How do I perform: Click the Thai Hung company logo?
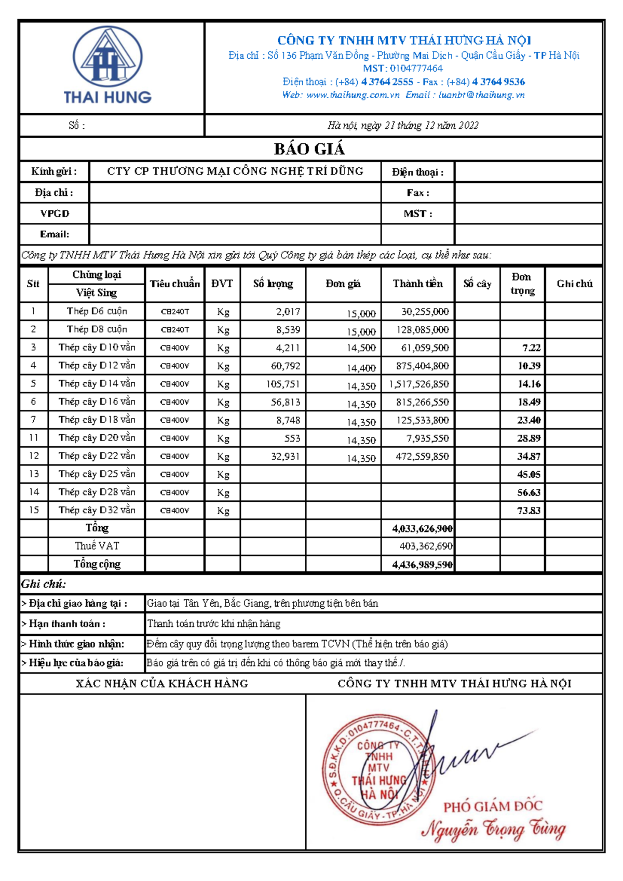click(x=107, y=65)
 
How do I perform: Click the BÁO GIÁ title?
click(x=309, y=149)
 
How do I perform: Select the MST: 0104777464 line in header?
click(x=403, y=69)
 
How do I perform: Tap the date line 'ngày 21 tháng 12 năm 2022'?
click(x=403, y=125)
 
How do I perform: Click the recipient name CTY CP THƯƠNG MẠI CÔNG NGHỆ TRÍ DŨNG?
click(x=235, y=171)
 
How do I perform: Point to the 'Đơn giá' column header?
click(x=343, y=284)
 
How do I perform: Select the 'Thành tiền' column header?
click(x=417, y=284)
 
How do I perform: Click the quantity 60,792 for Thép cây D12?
click(x=286, y=366)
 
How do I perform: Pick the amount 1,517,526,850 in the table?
click(x=419, y=384)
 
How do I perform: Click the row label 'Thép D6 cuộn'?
click(x=97, y=311)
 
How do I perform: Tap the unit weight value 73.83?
click(x=529, y=511)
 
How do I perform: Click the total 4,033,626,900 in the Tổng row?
click(x=422, y=529)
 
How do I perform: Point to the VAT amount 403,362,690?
click(x=426, y=546)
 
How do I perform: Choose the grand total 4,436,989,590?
click(x=422, y=565)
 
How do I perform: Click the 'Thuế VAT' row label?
click(x=97, y=546)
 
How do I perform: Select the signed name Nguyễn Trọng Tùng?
click(x=493, y=829)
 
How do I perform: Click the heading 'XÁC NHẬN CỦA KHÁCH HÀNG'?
click(x=162, y=684)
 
